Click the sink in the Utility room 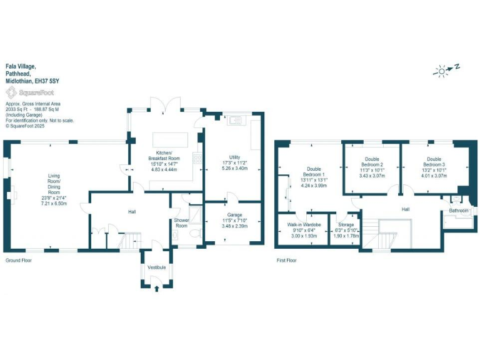pyautogui.click(x=236, y=120)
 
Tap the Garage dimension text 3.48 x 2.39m pyautogui.click(x=234, y=226)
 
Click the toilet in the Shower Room pyautogui.click(x=194, y=233)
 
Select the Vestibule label pyautogui.click(x=156, y=267)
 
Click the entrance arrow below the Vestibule pyautogui.click(x=156, y=287)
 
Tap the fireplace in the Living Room pyautogui.click(x=10, y=196)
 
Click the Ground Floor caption pyautogui.click(x=19, y=259)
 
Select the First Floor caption pyautogui.click(x=287, y=259)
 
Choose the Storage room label pyautogui.click(x=346, y=224)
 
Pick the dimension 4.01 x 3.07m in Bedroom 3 pyautogui.click(x=434, y=176)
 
